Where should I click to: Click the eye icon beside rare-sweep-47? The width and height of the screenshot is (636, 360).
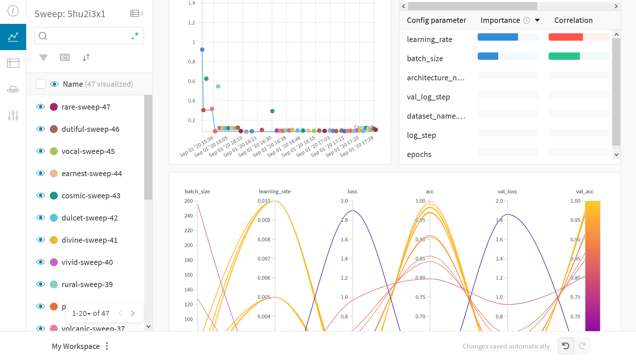pyautogui.click(x=41, y=107)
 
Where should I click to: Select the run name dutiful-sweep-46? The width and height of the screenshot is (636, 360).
pyautogui.click(x=90, y=129)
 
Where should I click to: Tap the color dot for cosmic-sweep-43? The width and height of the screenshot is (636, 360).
pyautogui.click(x=54, y=196)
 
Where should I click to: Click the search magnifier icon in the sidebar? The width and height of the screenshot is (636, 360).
pyautogui.click(x=43, y=36)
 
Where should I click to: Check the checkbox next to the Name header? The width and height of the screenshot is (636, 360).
pyautogui.click(x=41, y=84)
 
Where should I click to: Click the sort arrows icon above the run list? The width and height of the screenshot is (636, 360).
pyautogui.click(x=86, y=57)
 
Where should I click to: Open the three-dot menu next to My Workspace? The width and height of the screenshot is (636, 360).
pyautogui.click(x=107, y=346)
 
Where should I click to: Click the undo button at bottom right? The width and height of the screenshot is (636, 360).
pyautogui.click(x=566, y=346)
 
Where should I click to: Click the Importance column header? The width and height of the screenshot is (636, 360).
pyautogui.click(x=500, y=20)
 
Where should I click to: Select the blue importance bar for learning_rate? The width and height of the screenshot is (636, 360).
pyautogui.click(x=498, y=37)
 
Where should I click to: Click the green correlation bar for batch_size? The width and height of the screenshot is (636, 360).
pyautogui.click(x=564, y=56)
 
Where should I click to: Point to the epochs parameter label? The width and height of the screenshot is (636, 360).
pyautogui.click(x=419, y=154)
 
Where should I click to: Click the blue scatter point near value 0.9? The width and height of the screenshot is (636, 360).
pyautogui.click(x=202, y=50)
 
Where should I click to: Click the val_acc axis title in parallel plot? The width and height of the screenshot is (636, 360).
pyautogui.click(x=585, y=191)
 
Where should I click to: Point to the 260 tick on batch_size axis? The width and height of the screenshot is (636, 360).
pyautogui.click(x=189, y=201)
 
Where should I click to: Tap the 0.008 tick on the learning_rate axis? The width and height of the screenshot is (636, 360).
pyautogui.click(x=264, y=240)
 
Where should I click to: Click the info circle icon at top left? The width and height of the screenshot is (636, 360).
pyautogui.click(x=13, y=11)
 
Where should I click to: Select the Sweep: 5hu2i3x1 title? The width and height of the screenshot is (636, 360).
pyautogui.click(x=70, y=14)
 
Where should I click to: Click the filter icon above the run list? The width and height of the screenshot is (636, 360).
pyautogui.click(x=43, y=57)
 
